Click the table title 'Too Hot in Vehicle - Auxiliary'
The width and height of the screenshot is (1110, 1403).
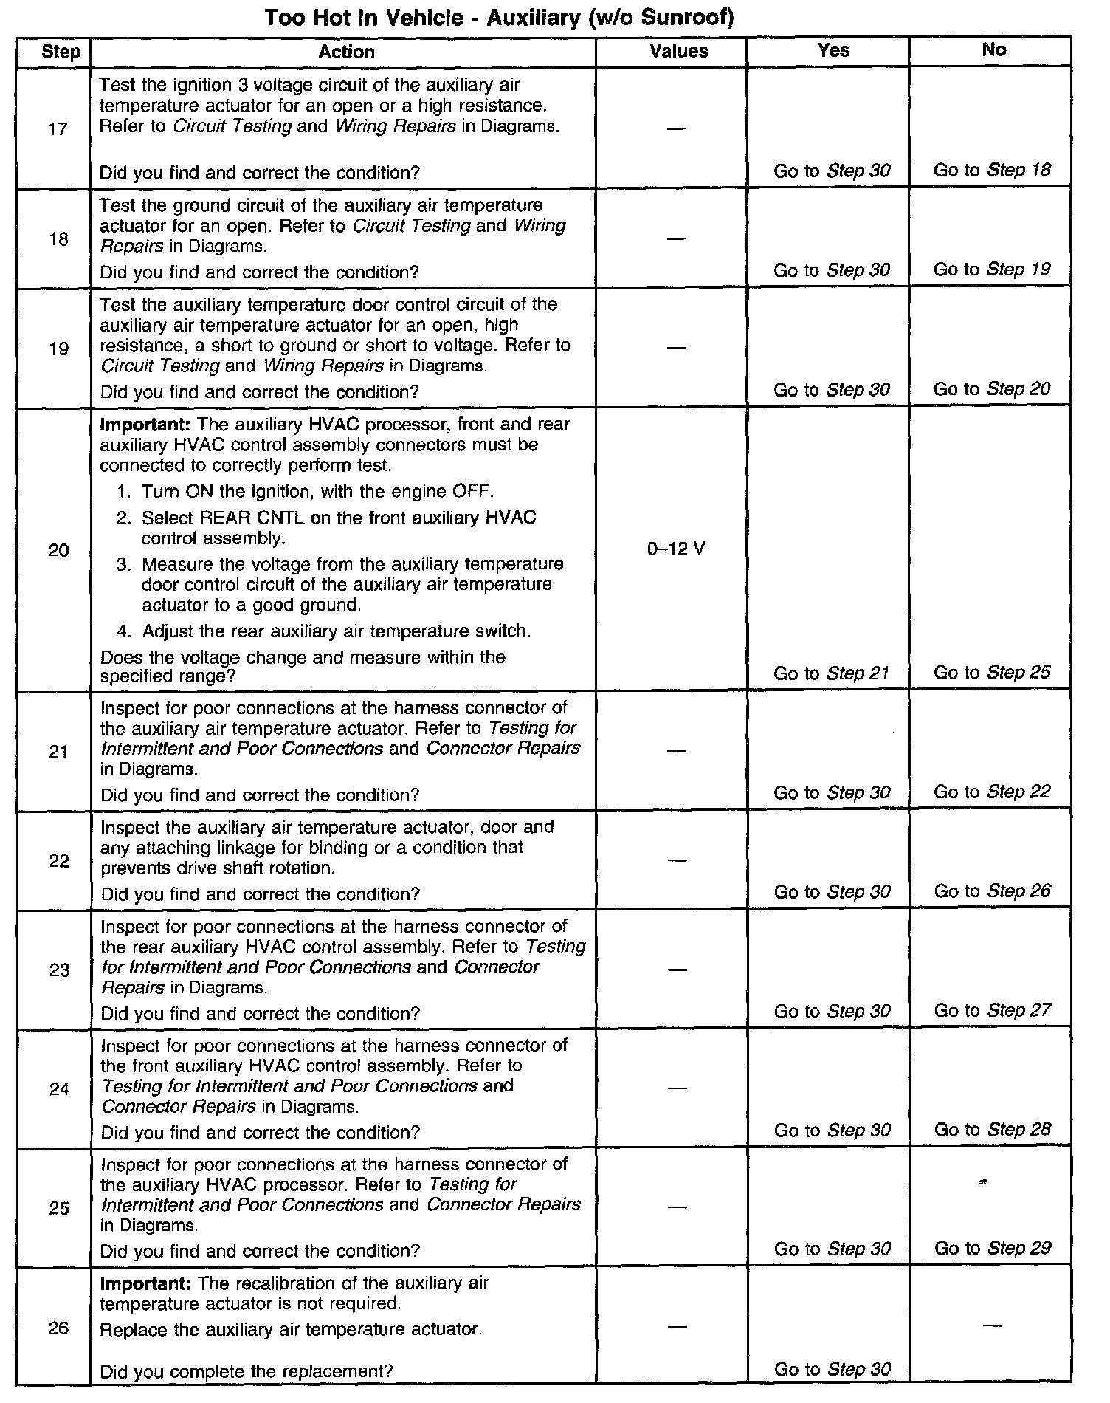[x=499, y=18]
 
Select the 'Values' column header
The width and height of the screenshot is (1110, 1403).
[x=678, y=51]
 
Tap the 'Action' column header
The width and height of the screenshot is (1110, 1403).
[x=346, y=52]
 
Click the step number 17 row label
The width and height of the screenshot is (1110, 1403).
[x=58, y=129]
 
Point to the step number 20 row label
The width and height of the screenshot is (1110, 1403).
[x=58, y=550]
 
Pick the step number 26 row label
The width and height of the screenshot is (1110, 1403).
[x=58, y=1328]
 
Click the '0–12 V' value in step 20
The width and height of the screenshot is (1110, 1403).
[x=675, y=549]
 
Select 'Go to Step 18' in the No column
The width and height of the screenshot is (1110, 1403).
[x=992, y=171]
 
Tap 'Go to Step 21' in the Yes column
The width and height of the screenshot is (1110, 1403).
[x=831, y=673]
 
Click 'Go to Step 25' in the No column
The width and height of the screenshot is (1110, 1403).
[x=992, y=673]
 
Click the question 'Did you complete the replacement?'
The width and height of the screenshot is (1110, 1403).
[x=247, y=1372]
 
